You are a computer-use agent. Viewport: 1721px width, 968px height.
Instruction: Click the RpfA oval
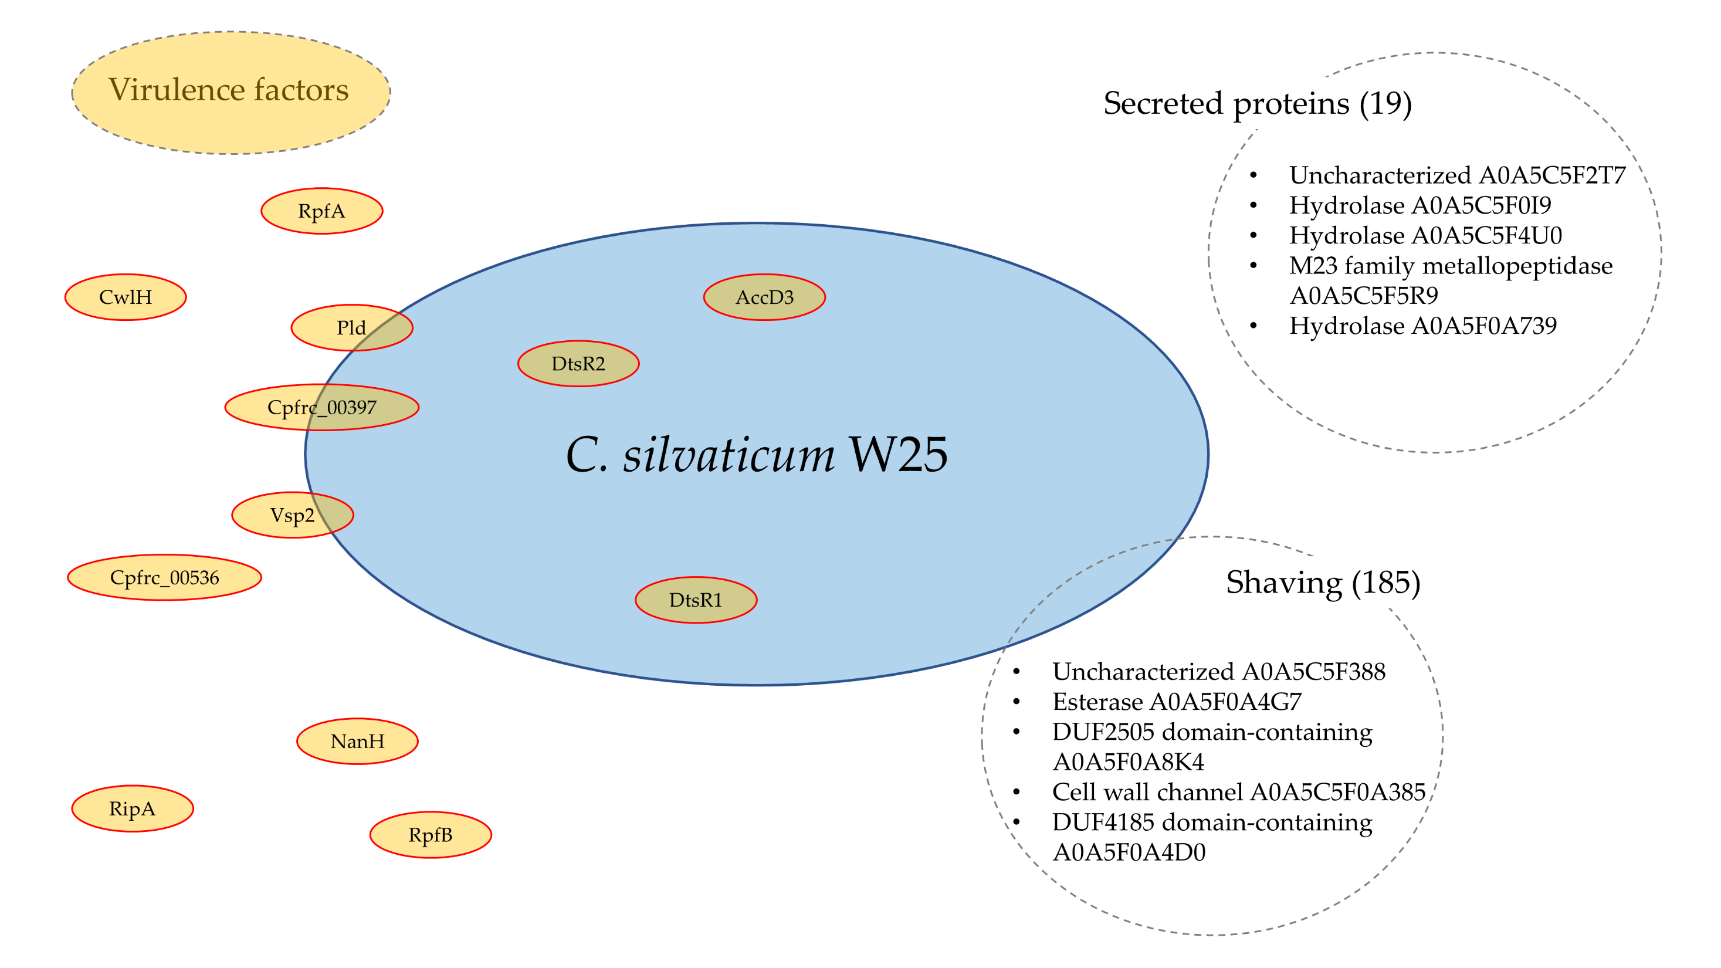pos(321,211)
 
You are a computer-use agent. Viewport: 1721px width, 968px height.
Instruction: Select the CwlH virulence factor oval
pos(126,297)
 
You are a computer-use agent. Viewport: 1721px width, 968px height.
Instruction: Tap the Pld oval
pos(351,328)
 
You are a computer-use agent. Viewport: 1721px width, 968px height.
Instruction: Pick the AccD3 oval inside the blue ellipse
pos(764,297)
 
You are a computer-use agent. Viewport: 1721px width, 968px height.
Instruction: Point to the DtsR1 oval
pos(696,600)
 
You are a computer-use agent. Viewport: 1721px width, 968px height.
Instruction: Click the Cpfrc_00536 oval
pos(164,577)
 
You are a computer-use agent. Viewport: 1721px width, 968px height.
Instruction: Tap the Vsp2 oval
pos(292,515)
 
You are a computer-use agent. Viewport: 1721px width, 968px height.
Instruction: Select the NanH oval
pos(357,741)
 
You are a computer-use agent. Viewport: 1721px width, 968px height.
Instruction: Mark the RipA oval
pos(133,808)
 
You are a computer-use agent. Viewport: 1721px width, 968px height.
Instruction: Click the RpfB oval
pos(431,834)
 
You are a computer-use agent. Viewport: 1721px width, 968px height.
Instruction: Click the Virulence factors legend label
pos(229,90)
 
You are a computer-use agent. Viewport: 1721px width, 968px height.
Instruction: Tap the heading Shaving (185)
pos(1323,582)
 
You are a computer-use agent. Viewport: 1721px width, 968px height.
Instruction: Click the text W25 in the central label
pos(897,455)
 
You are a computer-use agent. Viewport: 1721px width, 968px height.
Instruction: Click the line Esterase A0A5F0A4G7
pos(1177,702)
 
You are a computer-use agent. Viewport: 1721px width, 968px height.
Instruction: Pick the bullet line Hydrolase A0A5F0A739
pos(1422,326)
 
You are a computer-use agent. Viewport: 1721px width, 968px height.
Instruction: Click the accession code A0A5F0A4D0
pos(1129,852)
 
